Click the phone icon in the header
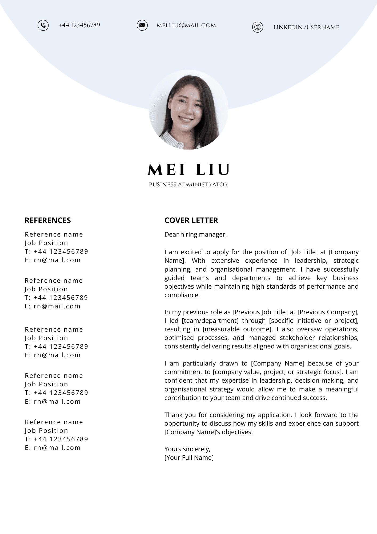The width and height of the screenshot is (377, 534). tap(43, 25)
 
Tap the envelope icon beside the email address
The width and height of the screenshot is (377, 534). tap(142, 25)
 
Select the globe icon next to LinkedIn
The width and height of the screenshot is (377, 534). tap(258, 27)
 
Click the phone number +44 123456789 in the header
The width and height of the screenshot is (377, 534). tap(79, 25)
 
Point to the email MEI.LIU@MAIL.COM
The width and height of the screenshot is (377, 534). tap(186, 26)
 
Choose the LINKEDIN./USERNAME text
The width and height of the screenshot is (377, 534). tap(306, 27)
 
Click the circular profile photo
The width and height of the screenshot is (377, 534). tap(188, 109)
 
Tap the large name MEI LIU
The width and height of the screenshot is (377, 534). tap(188, 170)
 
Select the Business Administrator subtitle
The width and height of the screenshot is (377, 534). tap(188, 184)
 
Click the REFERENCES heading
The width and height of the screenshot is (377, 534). tap(48, 220)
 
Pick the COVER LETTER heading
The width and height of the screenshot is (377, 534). tap(191, 220)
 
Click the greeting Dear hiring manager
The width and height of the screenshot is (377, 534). tap(195, 234)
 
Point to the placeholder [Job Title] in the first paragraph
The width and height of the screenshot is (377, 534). tap(303, 252)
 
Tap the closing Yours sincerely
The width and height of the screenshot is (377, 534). tap(187, 449)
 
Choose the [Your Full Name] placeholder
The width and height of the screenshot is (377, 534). tap(189, 458)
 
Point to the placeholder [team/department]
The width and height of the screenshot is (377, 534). tap(210, 321)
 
